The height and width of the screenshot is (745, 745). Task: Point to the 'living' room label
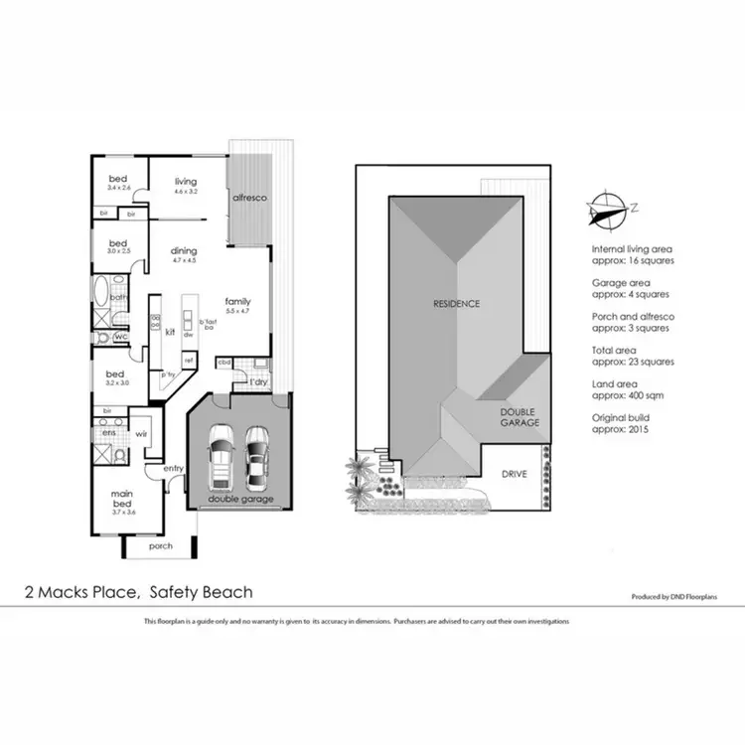click(186, 182)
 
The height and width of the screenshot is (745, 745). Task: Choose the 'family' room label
click(237, 301)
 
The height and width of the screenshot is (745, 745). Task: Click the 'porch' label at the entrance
click(160, 545)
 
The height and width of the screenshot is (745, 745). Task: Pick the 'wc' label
click(120, 338)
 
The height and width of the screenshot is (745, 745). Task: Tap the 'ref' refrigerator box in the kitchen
click(188, 360)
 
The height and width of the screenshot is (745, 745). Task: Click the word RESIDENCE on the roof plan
click(455, 303)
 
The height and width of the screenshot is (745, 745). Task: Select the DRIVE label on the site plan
click(513, 474)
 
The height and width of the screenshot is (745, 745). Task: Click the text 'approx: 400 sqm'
click(633, 394)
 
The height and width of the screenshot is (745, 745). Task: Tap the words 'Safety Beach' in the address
click(201, 592)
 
